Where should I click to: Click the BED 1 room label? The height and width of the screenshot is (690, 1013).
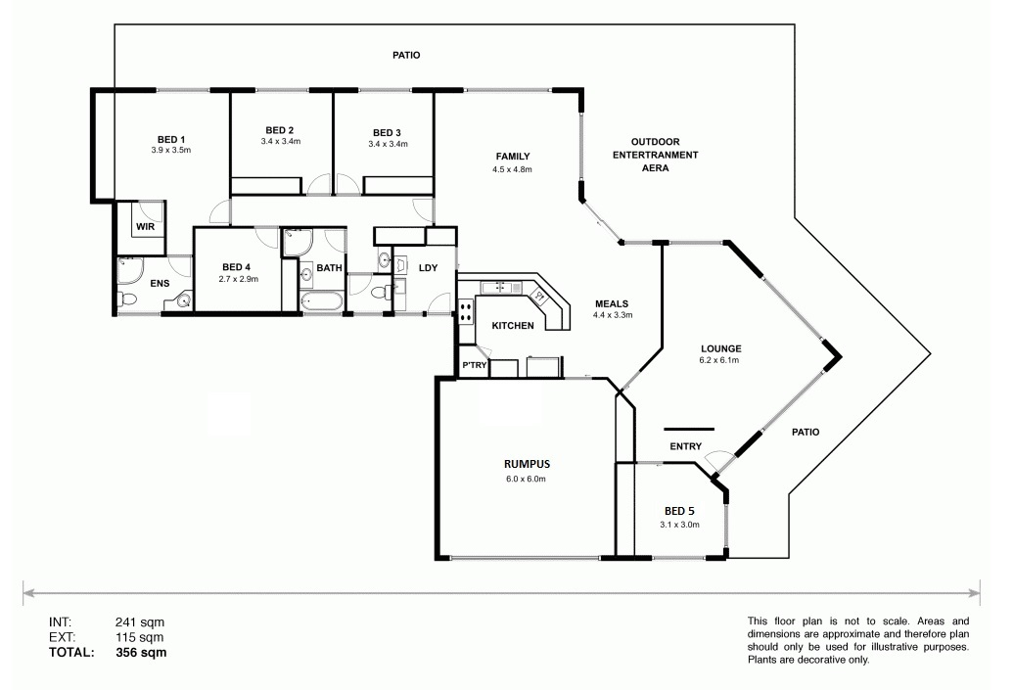(x=171, y=140)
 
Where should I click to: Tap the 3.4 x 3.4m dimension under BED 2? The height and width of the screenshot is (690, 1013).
(x=280, y=141)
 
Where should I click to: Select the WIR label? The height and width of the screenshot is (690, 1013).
(x=146, y=227)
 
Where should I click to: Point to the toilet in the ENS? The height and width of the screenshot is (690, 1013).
(x=127, y=299)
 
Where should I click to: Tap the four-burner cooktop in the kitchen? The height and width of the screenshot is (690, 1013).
(x=466, y=311)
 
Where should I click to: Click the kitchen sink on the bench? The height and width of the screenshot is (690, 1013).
(x=500, y=286)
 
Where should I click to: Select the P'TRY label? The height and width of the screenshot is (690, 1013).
(x=474, y=366)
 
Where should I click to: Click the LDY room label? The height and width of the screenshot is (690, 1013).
(x=429, y=268)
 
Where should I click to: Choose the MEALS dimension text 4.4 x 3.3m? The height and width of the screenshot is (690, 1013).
(x=613, y=315)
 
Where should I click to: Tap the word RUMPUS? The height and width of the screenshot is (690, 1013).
(x=528, y=464)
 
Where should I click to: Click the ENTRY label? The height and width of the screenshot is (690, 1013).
(x=685, y=446)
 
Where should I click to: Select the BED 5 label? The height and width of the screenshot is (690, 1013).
(x=679, y=511)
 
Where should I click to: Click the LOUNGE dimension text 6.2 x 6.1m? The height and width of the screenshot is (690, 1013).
(x=719, y=360)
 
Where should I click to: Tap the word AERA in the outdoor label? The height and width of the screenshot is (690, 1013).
(x=655, y=168)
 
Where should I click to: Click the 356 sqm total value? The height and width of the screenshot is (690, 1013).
(x=141, y=653)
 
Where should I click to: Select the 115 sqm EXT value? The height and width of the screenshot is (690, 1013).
(x=140, y=638)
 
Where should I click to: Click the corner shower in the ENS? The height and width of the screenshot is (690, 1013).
(x=130, y=271)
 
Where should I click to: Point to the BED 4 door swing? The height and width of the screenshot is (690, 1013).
(x=267, y=237)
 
